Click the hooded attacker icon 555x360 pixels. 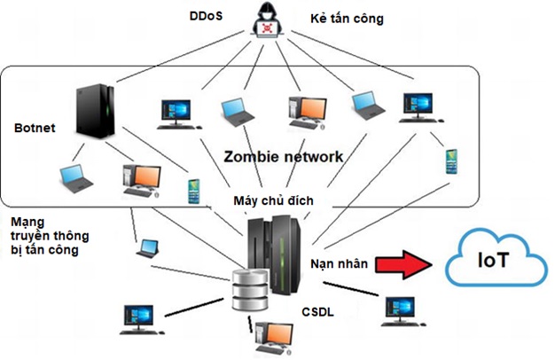pyautogui.click(x=265, y=22)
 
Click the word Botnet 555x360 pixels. pyautogui.click(x=35, y=128)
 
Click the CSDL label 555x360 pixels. pyautogui.click(x=317, y=311)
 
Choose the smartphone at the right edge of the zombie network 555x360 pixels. pyautogui.click(x=449, y=160)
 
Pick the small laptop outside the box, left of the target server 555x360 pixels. pyautogui.click(x=148, y=247)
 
